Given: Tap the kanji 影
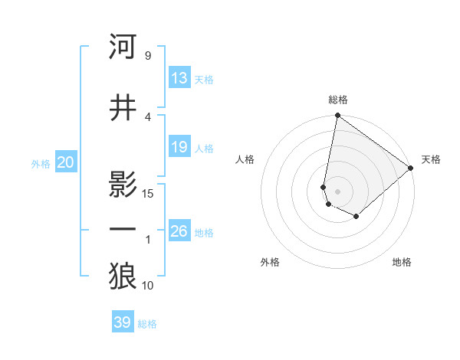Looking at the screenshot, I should click(x=123, y=185).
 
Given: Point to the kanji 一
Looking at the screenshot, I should click(x=123, y=230).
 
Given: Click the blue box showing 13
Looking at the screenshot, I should click(x=179, y=78).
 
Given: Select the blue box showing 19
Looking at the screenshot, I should click(x=179, y=147).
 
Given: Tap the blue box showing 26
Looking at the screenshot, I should click(x=179, y=231).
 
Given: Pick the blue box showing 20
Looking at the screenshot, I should click(x=66, y=162).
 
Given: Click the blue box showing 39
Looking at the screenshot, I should click(x=122, y=322).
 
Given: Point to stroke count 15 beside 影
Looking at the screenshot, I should click(x=149, y=194).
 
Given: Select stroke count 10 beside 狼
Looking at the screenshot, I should click(x=149, y=286).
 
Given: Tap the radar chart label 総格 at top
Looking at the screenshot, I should click(x=338, y=100).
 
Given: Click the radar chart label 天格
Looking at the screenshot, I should click(x=431, y=159).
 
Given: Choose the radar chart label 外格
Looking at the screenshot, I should click(x=270, y=262).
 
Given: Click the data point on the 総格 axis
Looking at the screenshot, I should click(x=337, y=116).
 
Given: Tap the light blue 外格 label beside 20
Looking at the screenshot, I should click(x=41, y=163).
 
